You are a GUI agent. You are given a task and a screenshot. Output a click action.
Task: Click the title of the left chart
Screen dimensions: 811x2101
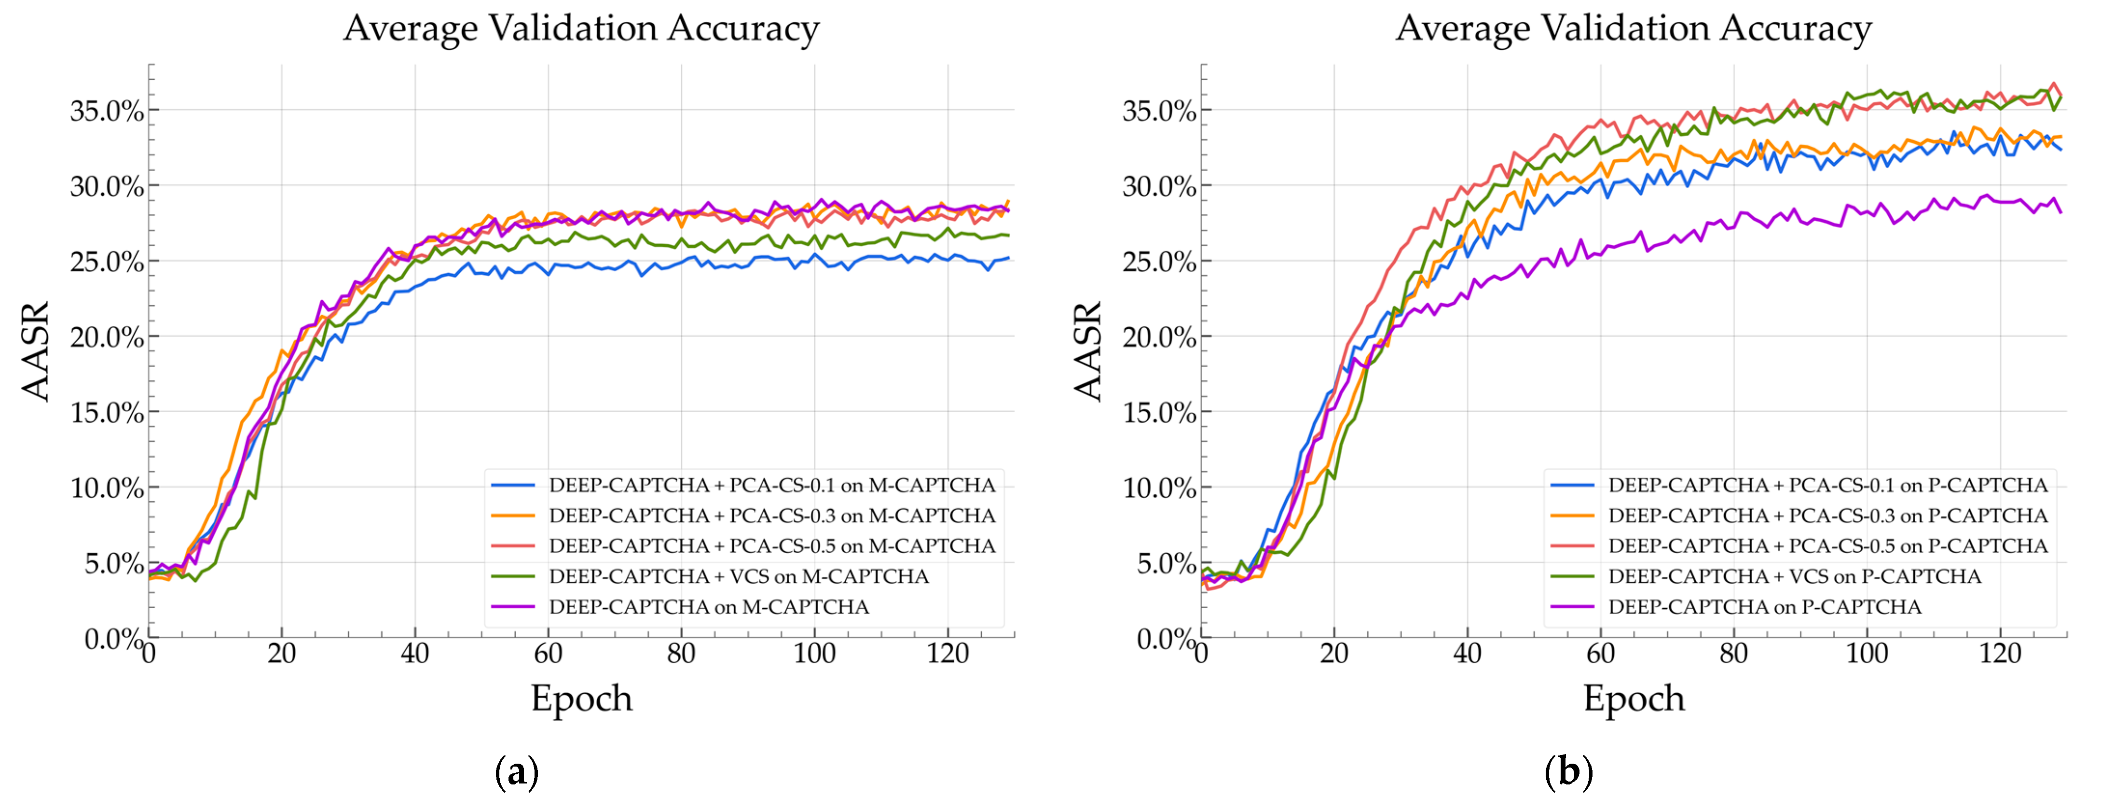pyautogui.click(x=581, y=28)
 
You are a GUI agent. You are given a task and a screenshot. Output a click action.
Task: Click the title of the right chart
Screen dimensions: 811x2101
pyautogui.click(x=1633, y=28)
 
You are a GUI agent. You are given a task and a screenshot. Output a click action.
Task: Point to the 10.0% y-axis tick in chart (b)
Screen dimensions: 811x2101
pyautogui.click(x=1159, y=489)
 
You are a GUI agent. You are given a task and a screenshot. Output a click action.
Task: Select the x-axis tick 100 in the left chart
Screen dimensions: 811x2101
pyautogui.click(x=814, y=654)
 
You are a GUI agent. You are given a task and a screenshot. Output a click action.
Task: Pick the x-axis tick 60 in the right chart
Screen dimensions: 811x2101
pyautogui.click(x=1600, y=654)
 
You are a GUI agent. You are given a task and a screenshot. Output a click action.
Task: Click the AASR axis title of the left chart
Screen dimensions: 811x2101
pyautogui.click(x=36, y=351)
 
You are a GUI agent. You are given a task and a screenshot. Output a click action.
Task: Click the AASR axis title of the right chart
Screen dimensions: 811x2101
pyautogui.click(x=1088, y=351)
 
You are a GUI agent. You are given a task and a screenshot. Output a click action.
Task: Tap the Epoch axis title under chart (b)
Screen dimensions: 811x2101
pyautogui.click(x=1634, y=699)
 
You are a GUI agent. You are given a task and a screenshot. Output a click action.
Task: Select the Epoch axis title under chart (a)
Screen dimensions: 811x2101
pyautogui.click(x=581, y=699)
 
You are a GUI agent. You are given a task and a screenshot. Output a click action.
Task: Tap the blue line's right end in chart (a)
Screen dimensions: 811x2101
pyautogui.click(x=1009, y=258)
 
